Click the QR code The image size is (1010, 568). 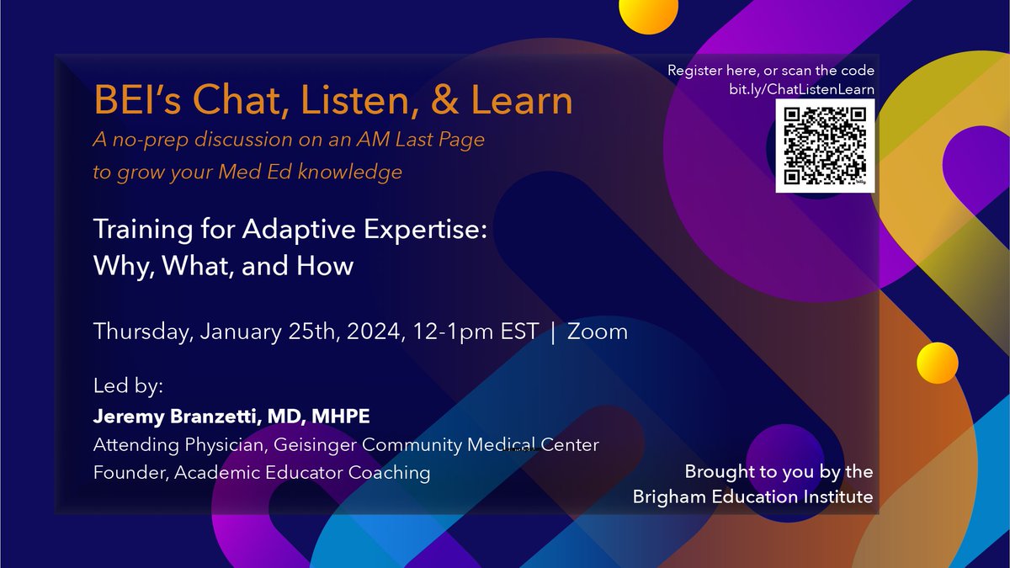825,146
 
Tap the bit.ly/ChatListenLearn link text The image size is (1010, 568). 801,88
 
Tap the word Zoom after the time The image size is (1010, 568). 598,332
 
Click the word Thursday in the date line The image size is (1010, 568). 142,332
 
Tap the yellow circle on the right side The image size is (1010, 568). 937,363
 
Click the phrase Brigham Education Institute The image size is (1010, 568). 752,497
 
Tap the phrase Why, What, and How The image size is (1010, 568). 223,267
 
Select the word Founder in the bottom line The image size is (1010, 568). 129,473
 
